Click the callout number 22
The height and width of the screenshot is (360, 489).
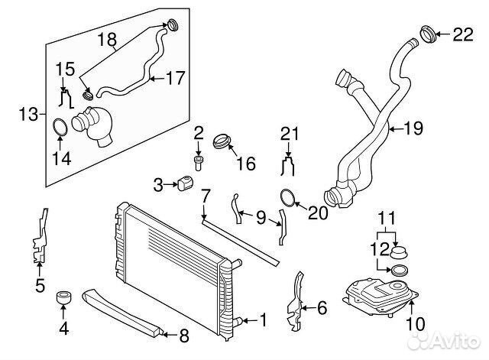[463, 34]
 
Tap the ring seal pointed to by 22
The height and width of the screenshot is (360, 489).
[428, 34]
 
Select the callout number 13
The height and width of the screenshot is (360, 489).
[28, 114]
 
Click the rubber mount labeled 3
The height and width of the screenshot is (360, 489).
[186, 183]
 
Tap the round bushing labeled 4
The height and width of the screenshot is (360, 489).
[63, 297]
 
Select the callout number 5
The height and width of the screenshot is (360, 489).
[40, 285]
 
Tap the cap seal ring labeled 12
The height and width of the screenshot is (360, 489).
[399, 270]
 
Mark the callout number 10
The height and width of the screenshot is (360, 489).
[416, 324]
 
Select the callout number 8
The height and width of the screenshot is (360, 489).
[184, 336]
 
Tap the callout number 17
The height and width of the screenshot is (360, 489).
[176, 78]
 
